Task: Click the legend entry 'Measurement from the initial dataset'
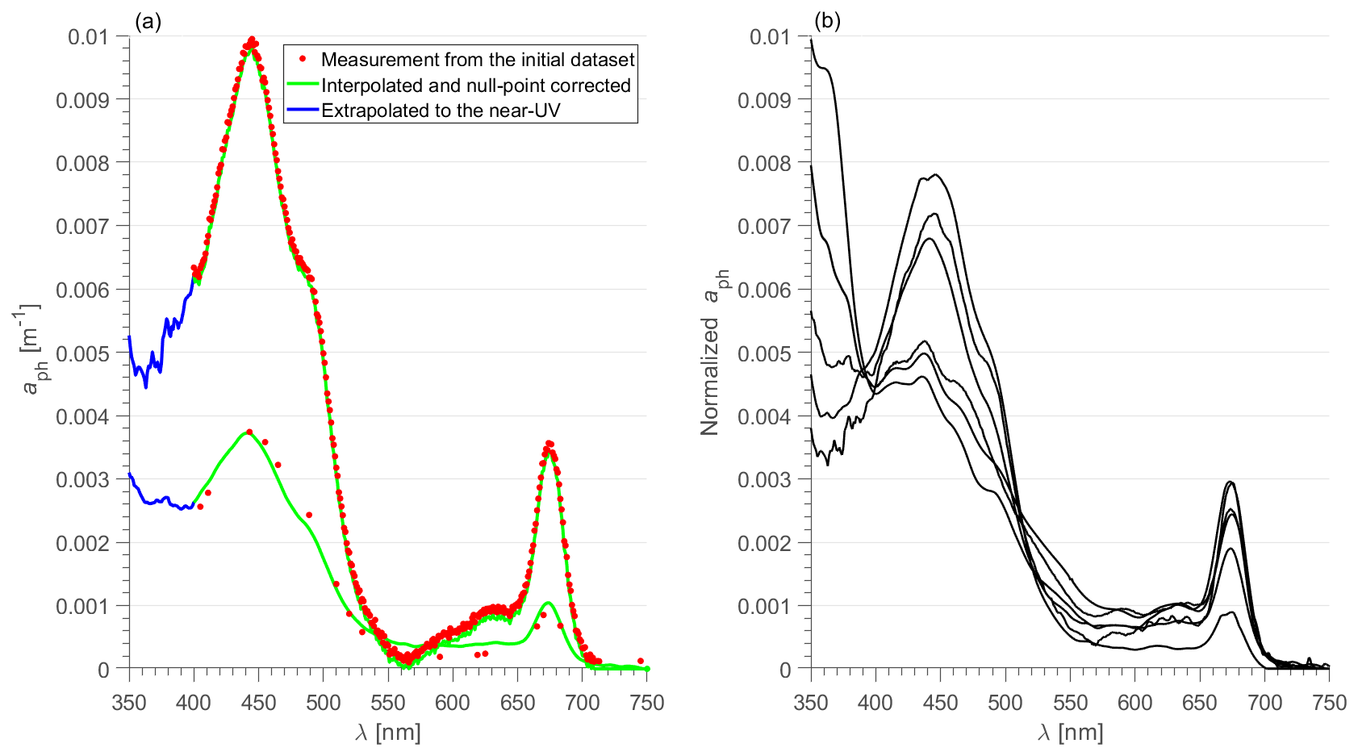pos(478,60)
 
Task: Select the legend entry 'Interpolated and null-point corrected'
pos(476,86)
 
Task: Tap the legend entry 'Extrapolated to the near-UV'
pos(441,111)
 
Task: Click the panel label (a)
pos(148,22)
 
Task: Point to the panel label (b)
pos(828,22)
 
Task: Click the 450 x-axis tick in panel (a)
pos(258,703)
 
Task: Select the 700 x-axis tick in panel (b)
pos(1264,703)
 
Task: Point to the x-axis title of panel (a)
pos(387,733)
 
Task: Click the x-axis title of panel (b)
pos(1069,733)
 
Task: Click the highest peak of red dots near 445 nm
pos(252,39)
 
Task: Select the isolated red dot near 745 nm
pos(640,661)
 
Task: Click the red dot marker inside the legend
pos(303,59)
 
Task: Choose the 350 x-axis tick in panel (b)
pos(811,703)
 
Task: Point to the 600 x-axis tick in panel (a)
pos(453,703)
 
